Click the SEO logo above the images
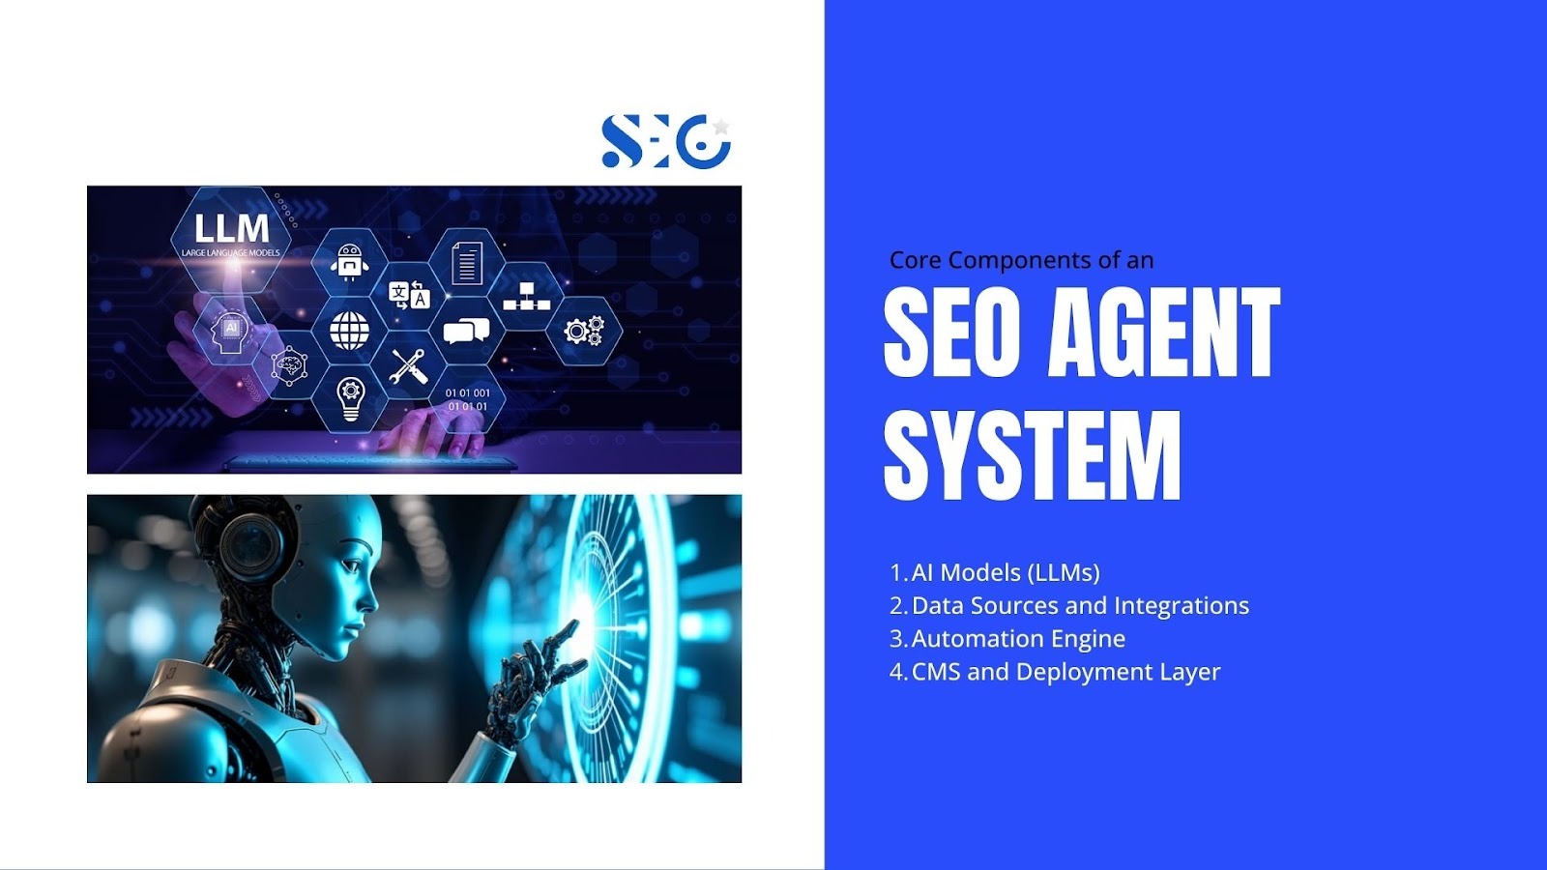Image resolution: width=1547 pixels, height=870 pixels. (666, 141)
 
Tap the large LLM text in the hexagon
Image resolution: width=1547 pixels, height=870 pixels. (231, 228)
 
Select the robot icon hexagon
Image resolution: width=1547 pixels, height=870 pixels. (349, 262)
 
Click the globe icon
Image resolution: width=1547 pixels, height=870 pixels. (349, 330)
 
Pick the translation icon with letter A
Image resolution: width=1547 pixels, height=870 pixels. (409, 296)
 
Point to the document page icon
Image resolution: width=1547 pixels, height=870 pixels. (467, 262)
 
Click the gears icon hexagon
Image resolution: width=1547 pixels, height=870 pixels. (584, 331)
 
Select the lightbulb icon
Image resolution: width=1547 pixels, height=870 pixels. (350, 399)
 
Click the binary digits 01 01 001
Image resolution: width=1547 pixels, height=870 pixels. (468, 392)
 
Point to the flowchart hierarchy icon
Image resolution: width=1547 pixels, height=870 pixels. (526, 296)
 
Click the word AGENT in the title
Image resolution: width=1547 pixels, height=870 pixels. (1164, 333)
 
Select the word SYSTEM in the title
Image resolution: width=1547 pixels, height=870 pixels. (1033, 455)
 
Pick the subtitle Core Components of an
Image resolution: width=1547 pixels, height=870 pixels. (1021, 260)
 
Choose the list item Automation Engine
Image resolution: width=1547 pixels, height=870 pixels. (1019, 639)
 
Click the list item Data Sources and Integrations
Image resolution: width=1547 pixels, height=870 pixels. (1080, 605)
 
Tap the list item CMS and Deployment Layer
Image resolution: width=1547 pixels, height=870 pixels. (1066, 672)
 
